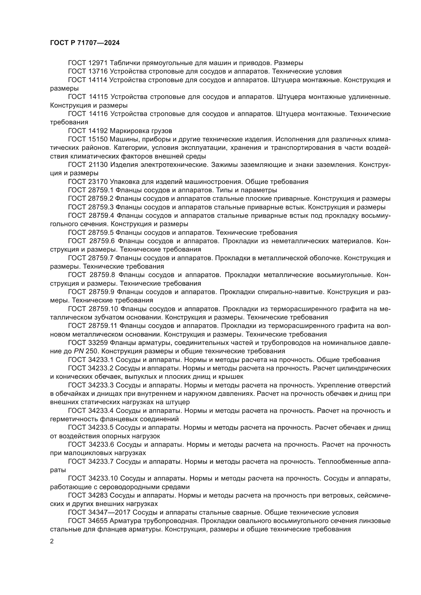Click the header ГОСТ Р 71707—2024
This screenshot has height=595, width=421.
[85, 43]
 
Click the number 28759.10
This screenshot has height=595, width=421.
[103, 309]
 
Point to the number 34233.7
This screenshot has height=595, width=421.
[101, 461]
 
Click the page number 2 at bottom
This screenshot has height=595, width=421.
[52, 541]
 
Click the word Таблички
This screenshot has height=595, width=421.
[125, 63]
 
